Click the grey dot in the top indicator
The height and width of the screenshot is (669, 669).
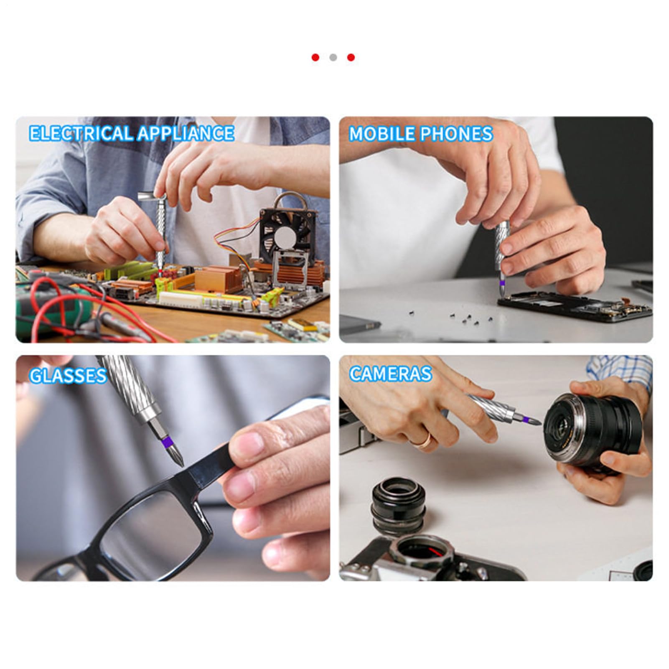(x=333, y=57)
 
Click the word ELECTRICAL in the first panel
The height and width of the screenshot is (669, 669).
(x=80, y=133)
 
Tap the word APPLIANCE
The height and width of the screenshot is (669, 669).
(x=185, y=133)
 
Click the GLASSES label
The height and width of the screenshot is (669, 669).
(x=68, y=376)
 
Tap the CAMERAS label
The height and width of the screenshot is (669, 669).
(x=390, y=374)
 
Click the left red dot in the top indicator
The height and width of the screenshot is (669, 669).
(x=315, y=57)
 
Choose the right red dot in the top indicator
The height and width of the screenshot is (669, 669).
(x=351, y=57)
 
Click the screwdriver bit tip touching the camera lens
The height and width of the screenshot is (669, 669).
(x=539, y=423)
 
